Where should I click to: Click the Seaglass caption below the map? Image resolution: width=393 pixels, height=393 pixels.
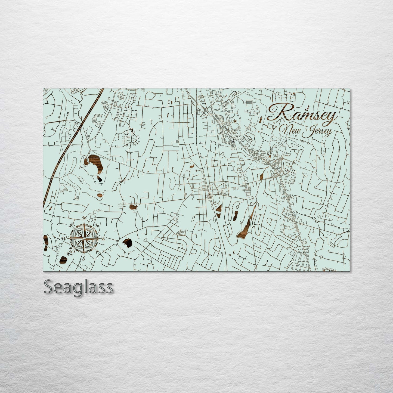[78, 287]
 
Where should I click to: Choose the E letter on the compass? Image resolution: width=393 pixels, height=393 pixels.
[103, 239]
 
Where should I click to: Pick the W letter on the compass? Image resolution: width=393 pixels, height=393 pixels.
[64, 239]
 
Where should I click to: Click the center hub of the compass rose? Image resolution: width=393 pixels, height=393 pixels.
[84, 239]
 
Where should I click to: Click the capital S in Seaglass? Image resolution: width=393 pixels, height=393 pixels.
[48, 287]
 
